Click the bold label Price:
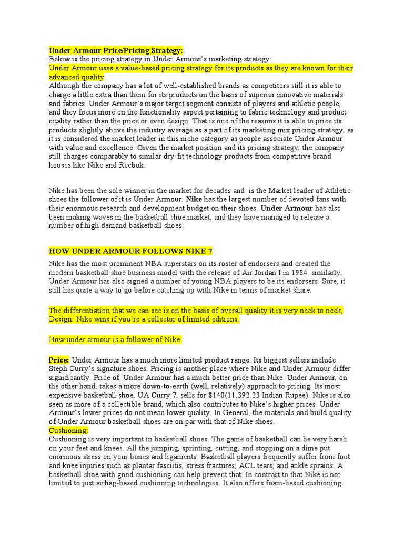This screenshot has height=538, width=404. (x=59, y=360)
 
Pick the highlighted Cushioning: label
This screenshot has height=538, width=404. (x=69, y=430)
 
